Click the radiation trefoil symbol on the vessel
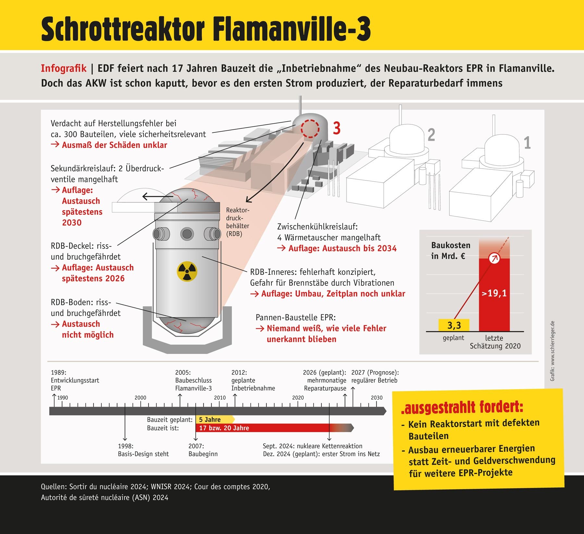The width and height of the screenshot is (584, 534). click(187, 271)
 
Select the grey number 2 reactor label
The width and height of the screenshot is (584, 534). click(431, 135)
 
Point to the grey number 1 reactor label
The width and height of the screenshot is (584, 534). click(527, 143)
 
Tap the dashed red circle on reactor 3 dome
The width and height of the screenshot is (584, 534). click(310, 129)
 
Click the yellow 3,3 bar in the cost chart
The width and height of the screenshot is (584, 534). click(454, 325)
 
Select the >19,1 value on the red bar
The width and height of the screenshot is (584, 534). click(494, 293)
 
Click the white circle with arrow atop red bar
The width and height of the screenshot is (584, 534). click(494, 258)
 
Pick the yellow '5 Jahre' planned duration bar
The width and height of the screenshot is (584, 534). click(214, 419)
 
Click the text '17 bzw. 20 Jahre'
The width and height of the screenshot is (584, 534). click(224, 428)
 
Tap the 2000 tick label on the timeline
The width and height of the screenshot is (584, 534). click(140, 398)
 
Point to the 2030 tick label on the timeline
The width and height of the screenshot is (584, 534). click(377, 398)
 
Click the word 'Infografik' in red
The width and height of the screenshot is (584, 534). click(64, 68)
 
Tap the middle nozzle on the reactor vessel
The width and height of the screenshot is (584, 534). click(187, 234)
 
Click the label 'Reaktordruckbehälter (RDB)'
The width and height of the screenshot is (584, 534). click(237, 222)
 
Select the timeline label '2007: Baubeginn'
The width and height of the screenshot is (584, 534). click(203, 450)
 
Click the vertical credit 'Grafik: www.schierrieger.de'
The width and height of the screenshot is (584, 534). click(553, 351)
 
